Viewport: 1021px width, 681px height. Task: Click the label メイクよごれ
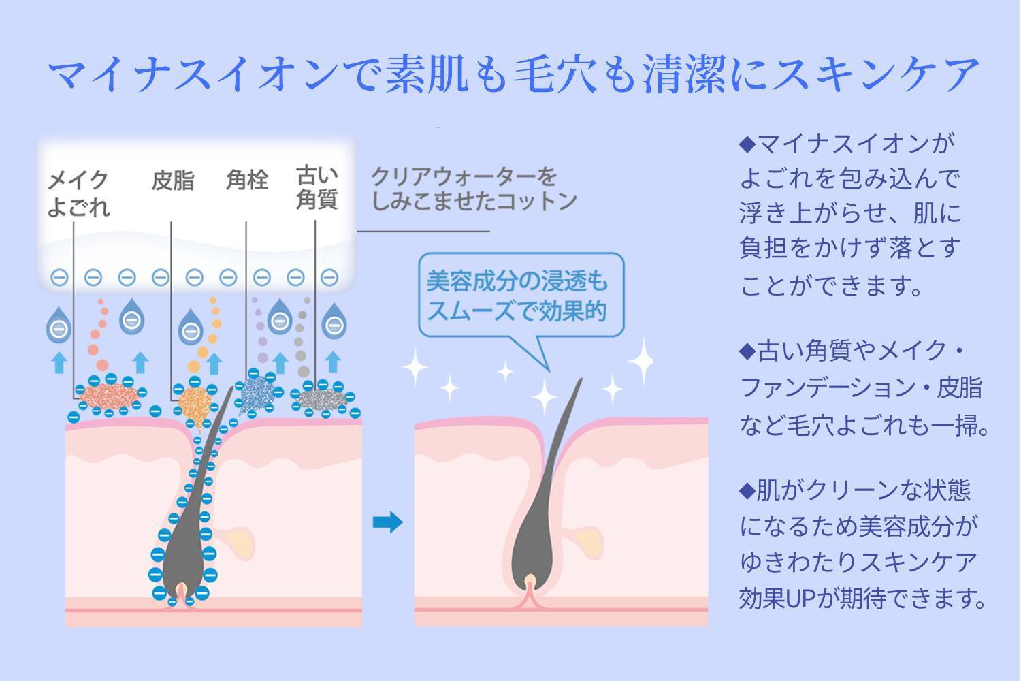point(78,193)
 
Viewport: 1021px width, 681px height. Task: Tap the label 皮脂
point(172,181)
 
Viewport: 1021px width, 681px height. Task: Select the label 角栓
point(246,180)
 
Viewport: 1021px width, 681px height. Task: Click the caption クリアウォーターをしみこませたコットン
point(473,189)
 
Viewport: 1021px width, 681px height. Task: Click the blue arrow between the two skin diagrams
point(388,523)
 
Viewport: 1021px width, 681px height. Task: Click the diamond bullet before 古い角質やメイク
point(747,352)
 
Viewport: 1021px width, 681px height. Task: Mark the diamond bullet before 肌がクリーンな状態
point(747,490)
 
